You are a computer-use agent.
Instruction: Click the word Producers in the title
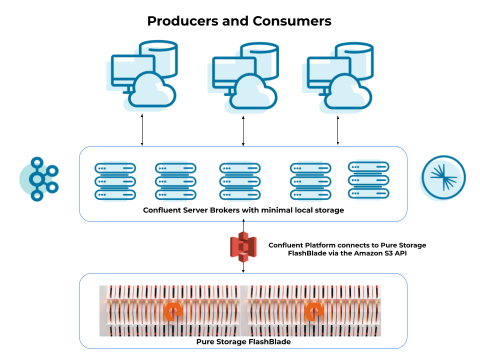(183, 21)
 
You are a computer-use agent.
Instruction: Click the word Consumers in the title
(292, 21)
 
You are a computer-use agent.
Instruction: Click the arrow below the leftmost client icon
(142, 130)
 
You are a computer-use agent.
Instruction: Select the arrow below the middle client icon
(243, 131)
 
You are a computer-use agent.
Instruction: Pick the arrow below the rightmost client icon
(338, 130)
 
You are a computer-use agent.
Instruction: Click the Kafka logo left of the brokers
(39, 179)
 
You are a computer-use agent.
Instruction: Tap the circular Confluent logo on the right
(443, 178)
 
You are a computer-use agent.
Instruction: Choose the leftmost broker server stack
(115, 181)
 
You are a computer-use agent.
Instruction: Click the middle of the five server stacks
(240, 181)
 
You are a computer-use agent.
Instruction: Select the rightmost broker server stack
(368, 180)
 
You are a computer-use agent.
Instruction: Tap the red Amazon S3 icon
(243, 246)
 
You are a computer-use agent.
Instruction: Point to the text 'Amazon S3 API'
(377, 253)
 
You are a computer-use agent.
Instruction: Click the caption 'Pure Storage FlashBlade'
(243, 342)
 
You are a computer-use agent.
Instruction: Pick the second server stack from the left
(175, 181)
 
